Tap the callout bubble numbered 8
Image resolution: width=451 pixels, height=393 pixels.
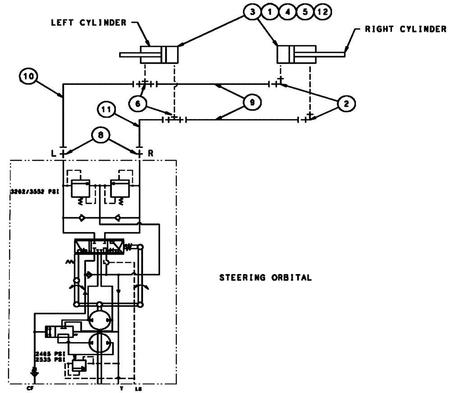coord(101,135)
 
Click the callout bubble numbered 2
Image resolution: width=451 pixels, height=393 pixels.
coord(346,104)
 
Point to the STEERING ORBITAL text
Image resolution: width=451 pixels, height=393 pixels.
coord(265,278)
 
